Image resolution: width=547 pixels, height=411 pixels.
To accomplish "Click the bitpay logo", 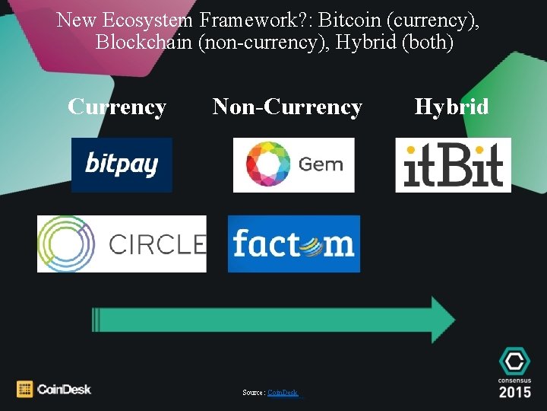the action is coord(122,164).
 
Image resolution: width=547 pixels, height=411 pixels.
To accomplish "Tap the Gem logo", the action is coord(293,164).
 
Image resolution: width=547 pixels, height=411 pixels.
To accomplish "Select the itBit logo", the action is coord(453,164).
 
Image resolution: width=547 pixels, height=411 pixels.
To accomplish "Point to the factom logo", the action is coord(293,244).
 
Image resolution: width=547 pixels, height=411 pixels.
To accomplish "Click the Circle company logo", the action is coord(122,244).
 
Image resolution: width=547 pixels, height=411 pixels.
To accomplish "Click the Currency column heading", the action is coord(117,107).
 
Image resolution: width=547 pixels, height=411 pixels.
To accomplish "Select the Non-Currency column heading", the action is coord(287,107).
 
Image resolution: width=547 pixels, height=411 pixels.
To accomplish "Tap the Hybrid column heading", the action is coord(451,107).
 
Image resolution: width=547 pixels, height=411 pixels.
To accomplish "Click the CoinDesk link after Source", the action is coord(283,393).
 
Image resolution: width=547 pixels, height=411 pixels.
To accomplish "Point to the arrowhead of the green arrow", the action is coord(442,314).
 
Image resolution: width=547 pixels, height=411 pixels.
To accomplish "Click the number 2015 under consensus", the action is coord(515,392).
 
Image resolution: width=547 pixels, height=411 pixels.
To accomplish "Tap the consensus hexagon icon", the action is coord(515,362).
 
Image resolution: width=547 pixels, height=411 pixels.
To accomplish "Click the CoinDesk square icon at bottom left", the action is coord(25,389).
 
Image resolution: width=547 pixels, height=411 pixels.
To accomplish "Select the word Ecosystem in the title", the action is coord(155,20).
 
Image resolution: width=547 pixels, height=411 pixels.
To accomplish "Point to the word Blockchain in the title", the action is coord(144,43).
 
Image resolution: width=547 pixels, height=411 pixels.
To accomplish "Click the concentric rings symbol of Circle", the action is coord(67,244).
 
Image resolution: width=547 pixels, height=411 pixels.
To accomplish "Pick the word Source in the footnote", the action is coord(253,393).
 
